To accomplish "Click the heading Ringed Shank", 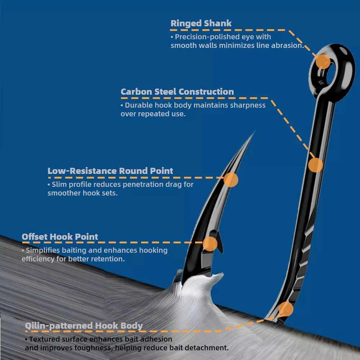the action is pyautogui.click(x=201, y=23).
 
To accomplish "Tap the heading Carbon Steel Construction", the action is pyautogui.click(x=177, y=92).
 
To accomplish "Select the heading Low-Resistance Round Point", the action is pyautogui.click(x=111, y=171).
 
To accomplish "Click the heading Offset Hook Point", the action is pyautogui.click(x=60, y=237).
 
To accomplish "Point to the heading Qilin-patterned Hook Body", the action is pyautogui.click(x=84, y=326).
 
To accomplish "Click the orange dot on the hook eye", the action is pyautogui.click(x=323, y=62).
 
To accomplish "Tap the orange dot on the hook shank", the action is pyautogui.click(x=316, y=165).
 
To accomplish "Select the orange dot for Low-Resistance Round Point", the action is pyautogui.click(x=231, y=180).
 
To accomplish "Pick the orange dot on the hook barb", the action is pyautogui.click(x=210, y=244).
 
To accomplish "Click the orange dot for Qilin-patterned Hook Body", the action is pyautogui.click(x=286, y=309).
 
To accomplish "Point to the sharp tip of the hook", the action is pyautogui.click(x=254, y=132).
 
